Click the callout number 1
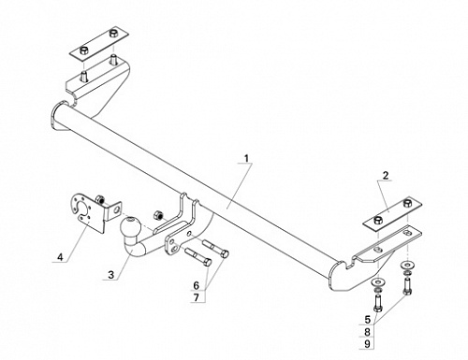tap(246, 158)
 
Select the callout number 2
tap(386, 176)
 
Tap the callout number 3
tap(111, 275)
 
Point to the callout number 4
tap(60, 257)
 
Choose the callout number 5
tap(367, 320)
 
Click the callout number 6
tap(196, 285)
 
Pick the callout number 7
tap(196, 297)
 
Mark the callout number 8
tap(367, 332)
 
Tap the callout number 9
tap(367, 344)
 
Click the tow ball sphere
tap(130, 226)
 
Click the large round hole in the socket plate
tap(82, 209)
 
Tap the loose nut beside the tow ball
tap(157, 215)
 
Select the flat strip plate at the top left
tap(98, 44)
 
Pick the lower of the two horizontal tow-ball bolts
tap(198, 256)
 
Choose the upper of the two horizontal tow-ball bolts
tap(216, 248)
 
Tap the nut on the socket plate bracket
tap(100, 199)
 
